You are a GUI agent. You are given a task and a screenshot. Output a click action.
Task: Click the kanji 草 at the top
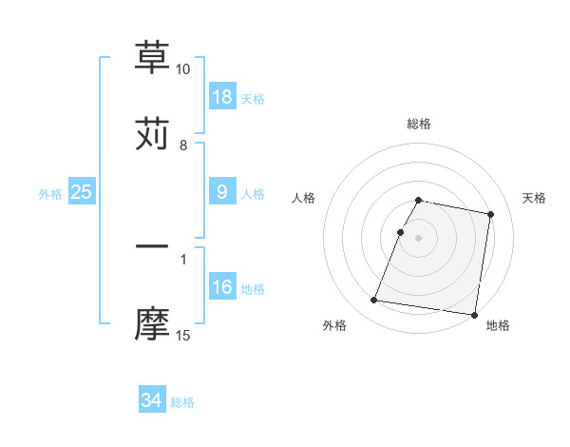coord(152,57)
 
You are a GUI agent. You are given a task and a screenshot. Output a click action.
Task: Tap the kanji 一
coord(152,247)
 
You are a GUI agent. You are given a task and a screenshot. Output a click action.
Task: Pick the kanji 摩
coord(152,323)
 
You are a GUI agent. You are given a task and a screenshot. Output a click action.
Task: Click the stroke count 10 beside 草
coord(183,69)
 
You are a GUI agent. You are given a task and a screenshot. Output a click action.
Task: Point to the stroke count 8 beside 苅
coord(183,146)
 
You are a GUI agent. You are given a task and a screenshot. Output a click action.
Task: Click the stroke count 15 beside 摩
coord(183,336)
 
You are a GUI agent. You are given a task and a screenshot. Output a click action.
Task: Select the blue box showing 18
coord(222,97)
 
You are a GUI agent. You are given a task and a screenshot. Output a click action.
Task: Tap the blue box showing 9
coord(222,192)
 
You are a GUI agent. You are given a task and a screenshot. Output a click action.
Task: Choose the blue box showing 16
coord(222,287)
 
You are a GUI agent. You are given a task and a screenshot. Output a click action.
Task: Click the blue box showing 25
coord(82,192)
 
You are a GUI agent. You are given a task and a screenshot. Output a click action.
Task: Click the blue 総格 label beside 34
coord(182,402)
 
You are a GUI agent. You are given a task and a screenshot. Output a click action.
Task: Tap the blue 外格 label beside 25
coord(50,194)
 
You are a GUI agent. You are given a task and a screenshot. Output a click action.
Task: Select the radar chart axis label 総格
coord(419,124)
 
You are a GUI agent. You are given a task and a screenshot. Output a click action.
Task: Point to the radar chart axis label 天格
coord(534,198)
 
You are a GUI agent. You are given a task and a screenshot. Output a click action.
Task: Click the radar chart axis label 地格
coord(498,325)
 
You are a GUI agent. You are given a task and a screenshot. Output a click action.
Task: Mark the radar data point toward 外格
coord(374,301)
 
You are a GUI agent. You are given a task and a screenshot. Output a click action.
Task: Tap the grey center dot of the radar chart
coord(419,237)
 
